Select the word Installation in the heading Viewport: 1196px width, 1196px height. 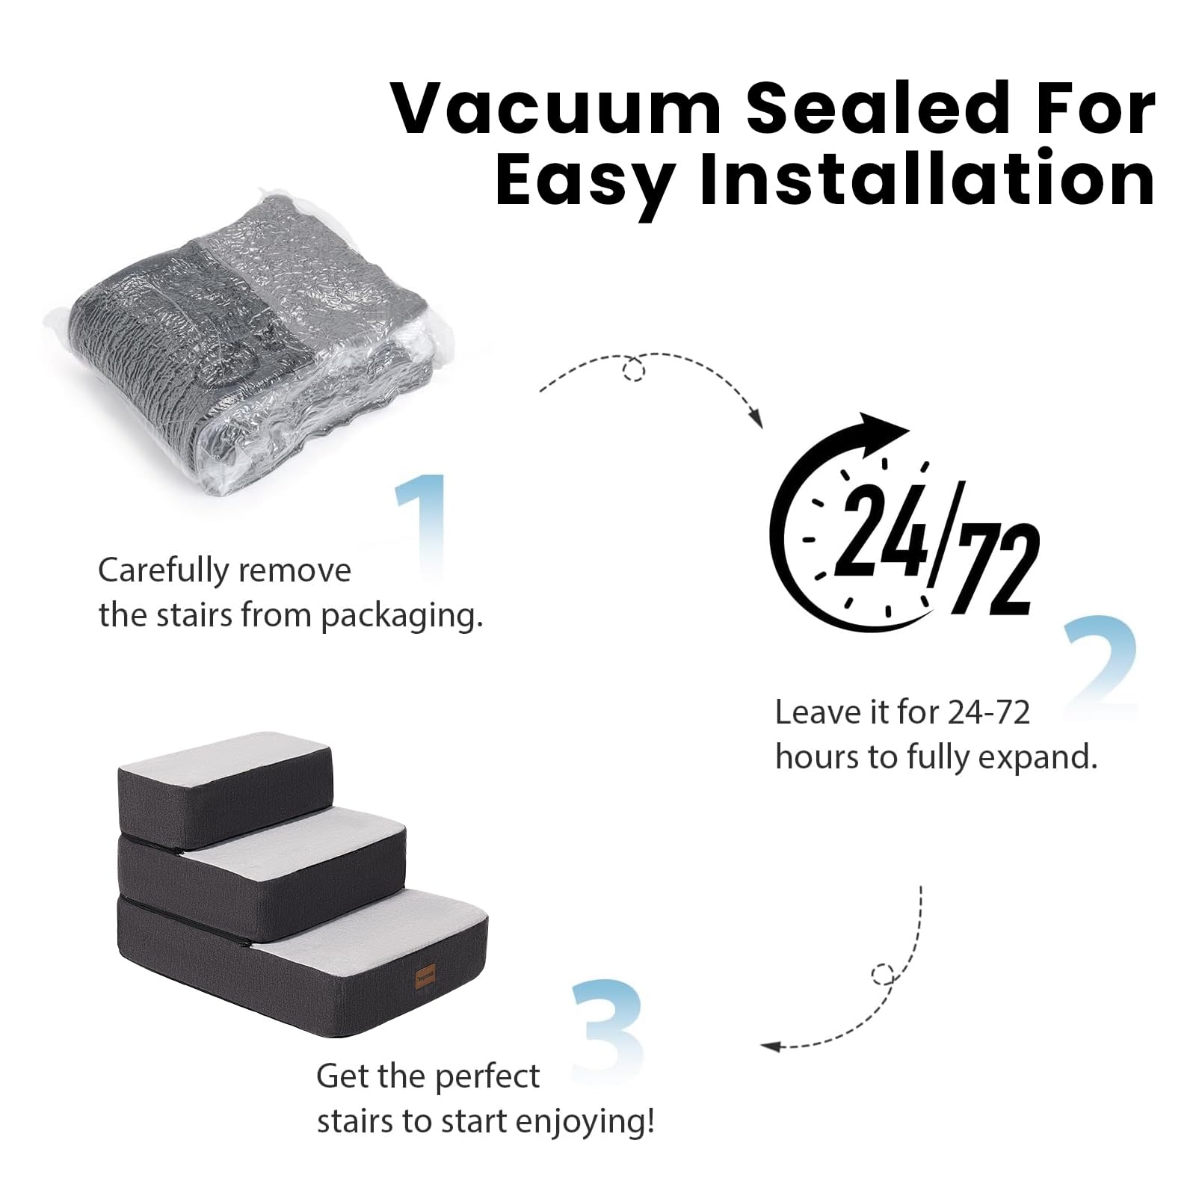pyautogui.click(x=927, y=179)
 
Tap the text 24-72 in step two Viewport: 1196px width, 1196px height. pyautogui.click(x=988, y=712)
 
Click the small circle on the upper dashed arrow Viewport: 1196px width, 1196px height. pyautogui.click(x=634, y=369)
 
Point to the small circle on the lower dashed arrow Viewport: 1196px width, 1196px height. pyautogui.click(x=883, y=974)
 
